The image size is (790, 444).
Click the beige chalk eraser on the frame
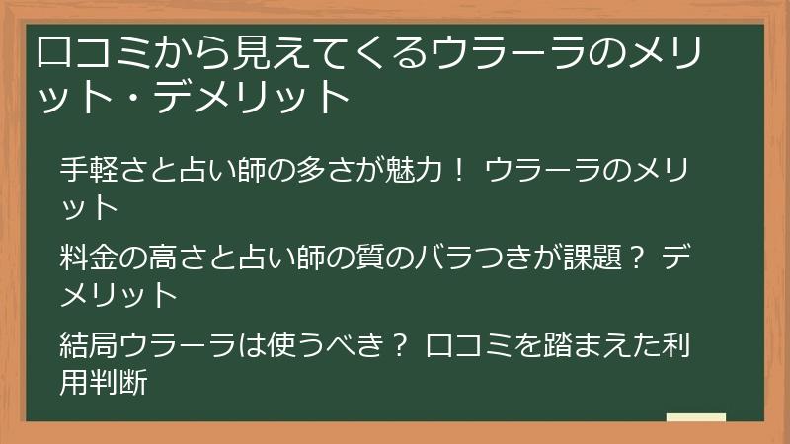point(696,417)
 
